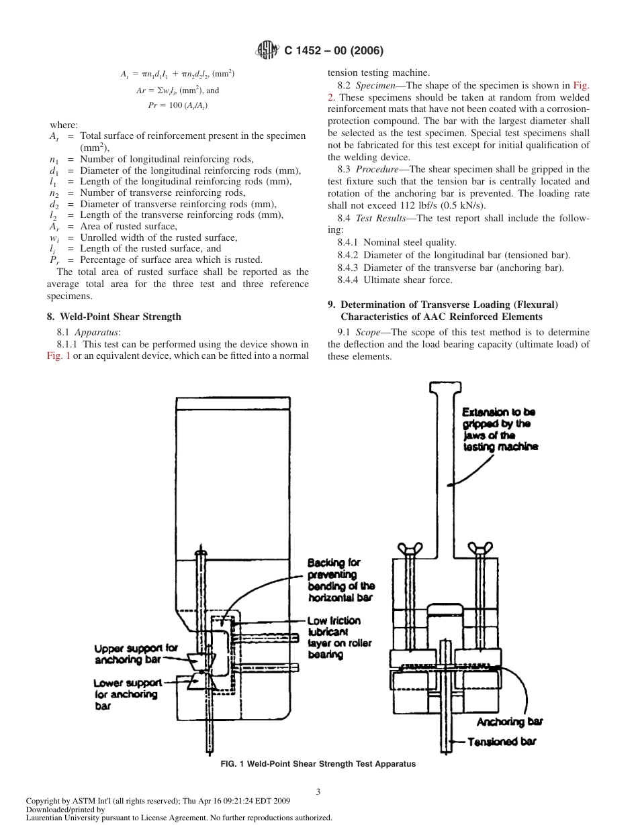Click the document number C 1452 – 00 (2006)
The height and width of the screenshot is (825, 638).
point(334,51)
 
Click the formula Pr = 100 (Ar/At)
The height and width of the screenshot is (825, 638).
point(178,105)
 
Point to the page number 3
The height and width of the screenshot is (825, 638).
point(318,791)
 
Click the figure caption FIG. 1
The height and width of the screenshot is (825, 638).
point(318,764)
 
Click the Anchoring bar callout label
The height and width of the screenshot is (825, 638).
point(509,722)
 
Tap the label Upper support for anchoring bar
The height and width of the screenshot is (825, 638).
point(135,654)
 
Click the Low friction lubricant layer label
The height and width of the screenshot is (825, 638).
point(339,637)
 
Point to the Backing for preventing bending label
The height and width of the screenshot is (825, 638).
point(340,580)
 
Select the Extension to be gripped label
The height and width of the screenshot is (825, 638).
point(500,429)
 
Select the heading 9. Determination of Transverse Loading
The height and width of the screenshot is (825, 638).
point(443,310)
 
